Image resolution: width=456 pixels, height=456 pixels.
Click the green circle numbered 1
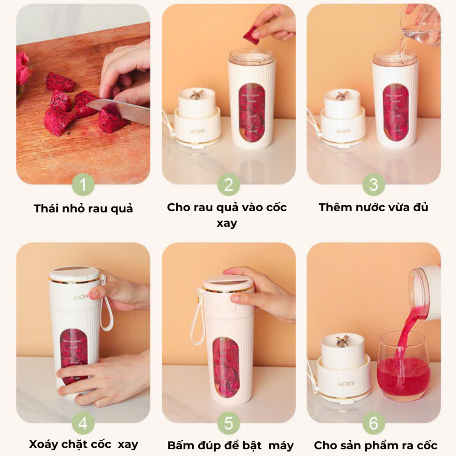point(83,185)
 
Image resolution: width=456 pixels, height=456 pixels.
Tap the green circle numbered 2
point(228,185)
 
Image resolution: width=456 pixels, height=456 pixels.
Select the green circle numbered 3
point(374,185)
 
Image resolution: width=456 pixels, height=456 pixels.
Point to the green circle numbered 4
point(83,423)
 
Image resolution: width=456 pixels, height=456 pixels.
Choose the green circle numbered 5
point(228,423)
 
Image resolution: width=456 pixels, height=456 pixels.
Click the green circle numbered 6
point(374,423)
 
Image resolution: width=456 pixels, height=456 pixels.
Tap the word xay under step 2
point(227,224)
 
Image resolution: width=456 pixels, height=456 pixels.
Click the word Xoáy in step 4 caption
point(42,445)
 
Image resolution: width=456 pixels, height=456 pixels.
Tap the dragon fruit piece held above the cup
point(252,35)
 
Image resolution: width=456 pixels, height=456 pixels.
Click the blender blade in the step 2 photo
point(196,95)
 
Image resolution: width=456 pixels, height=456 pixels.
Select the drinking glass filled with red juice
point(403,366)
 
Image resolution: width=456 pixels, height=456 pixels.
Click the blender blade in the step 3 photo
point(342,95)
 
